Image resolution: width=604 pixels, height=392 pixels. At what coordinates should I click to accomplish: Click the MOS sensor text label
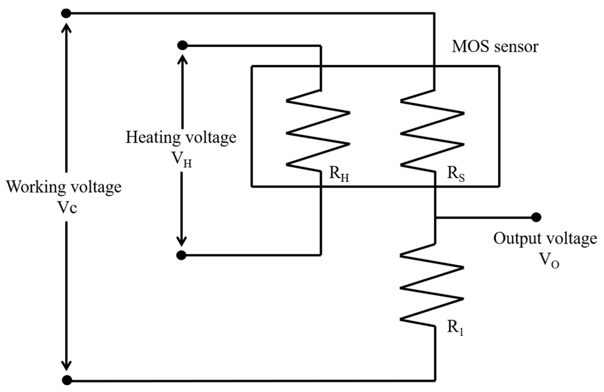pyautogui.click(x=495, y=47)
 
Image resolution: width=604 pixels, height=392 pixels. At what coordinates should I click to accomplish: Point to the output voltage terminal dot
pyautogui.click(x=536, y=217)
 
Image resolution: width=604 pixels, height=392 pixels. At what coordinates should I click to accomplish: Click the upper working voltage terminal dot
pyautogui.click(x=66, y=13)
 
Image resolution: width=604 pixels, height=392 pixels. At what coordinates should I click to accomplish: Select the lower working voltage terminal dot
pyautogui.click(x=67, y=380)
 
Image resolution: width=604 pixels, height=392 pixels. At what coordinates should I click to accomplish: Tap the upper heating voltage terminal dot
pyautogui.click(x=182, y=45)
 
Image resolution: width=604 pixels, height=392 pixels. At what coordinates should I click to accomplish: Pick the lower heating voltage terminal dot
pyautogui.click(x=181, y=255)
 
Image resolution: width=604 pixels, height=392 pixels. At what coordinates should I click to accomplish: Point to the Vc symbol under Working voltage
pyautogui.click(x=67, y=208)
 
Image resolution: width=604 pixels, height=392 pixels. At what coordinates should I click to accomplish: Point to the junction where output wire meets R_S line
pyautogui.click(x=435, y=217)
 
